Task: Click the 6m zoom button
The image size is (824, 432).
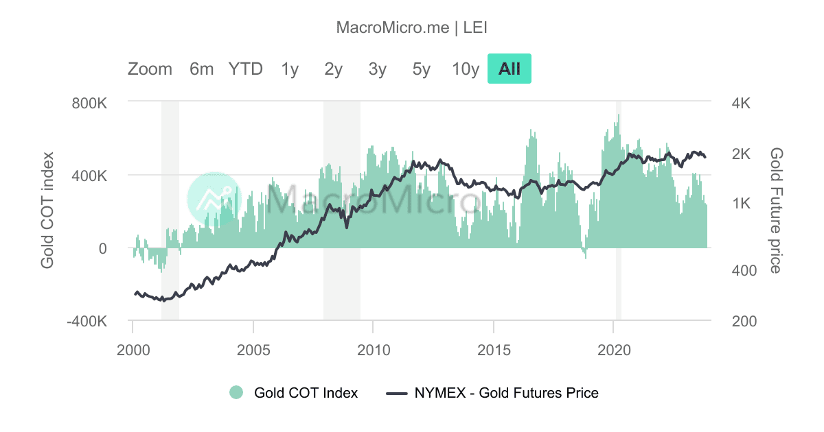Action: pyautogui.click(x=201, y=69)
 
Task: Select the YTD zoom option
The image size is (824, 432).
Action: pyautogui.click(x=245, y=69)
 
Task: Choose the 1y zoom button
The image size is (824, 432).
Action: pyautogui.click(x=289, y=69)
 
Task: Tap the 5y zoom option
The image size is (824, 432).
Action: pyautogui.click(x=421, y=69)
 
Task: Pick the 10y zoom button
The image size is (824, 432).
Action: pyautogui.click(x=465, y=69)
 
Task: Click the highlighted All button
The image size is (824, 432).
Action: pyautogui.click(x=510, y=69)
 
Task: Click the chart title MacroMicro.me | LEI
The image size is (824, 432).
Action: pyautogui.click(x=412, y=27)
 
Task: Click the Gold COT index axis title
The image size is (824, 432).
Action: pyautogui.click(x=47, y=211)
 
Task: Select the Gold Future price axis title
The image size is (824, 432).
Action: pyautogui.click(x=776, y=211)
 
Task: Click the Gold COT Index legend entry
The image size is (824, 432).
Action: pyautogui.click(x=294, y=393)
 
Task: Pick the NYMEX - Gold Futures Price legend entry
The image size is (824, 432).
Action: pyautogui.click(x=493, y=393)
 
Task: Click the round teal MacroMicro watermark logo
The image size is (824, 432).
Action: pyautogui.click(x=214, y=199)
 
